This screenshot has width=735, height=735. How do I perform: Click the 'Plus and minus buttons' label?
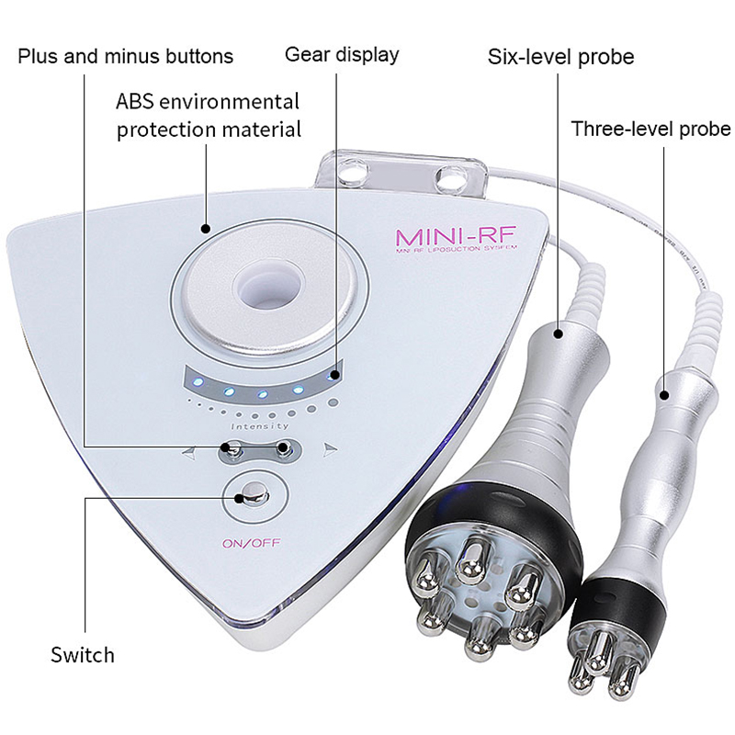tap(126, 56)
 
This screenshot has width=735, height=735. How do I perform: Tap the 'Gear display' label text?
tap(342, 54)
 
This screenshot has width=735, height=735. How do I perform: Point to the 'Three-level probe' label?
tap(650, 128)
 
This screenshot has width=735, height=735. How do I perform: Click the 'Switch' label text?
tap(83, 655)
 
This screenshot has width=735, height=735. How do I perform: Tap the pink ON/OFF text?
tap(251, 542)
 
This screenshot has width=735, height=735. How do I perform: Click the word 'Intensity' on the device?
tap(261, 426)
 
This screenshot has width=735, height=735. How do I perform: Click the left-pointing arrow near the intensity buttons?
tap(188, 452)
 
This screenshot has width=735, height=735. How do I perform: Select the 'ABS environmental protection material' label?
tap(209, 115)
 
